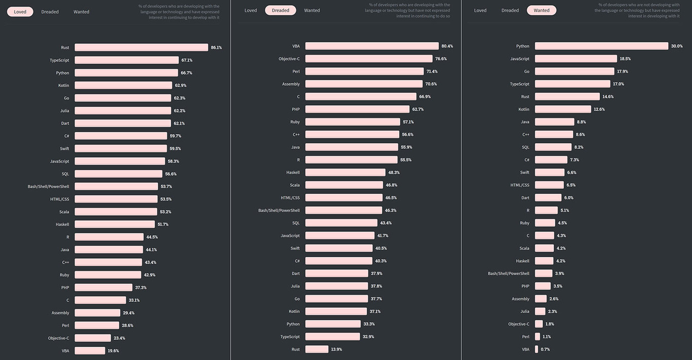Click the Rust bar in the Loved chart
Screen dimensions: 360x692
[x=141, y=48]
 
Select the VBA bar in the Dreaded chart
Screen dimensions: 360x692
[x=372, y=46]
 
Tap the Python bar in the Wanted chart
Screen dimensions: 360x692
[x=601, y=46]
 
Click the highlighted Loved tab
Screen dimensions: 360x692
[x=20, y=12]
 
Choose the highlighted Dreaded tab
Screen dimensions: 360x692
[x=280, y=10]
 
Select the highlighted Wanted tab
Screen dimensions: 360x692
[x=542, y=10]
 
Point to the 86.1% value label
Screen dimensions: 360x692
[x=216, y=48]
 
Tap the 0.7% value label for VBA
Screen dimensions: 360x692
[x=545, y=349]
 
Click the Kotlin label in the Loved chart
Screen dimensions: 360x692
[x=63, y=86]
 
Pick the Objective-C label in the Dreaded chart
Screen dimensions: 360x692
[x=289, y=59]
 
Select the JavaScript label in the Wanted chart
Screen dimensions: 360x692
[x=520, y=59]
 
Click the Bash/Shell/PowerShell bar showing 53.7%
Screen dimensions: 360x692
[x=117, y=186]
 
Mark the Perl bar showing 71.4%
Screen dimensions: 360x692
[x=364, y=71]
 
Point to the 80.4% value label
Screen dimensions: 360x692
[x=447, y=46]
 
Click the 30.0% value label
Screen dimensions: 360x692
[x=677, y=46]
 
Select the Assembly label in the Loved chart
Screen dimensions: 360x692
[x=60, y=313]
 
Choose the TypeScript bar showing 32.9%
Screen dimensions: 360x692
[x=332, y=337]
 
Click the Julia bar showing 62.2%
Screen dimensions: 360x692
[x=123, y=110]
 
